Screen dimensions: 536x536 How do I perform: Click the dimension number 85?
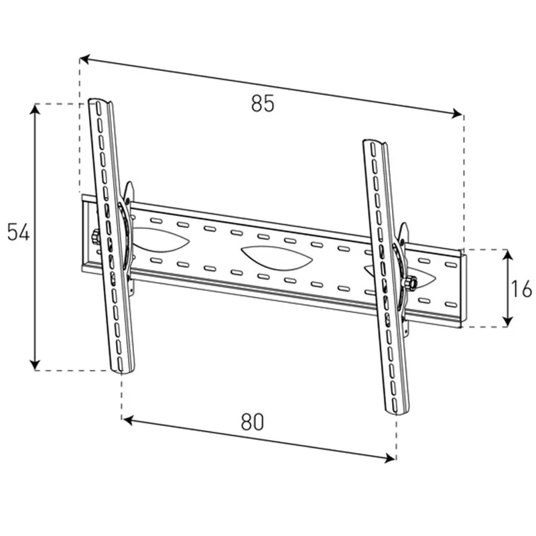pyautogui.click(x=263, y=104)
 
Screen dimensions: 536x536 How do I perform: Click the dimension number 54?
pyautogui.click(x=19, y=232)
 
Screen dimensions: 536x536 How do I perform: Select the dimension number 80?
pyautogui.click(x=253, y=422)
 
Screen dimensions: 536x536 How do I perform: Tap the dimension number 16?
pyautogui.click(x=521, y=289)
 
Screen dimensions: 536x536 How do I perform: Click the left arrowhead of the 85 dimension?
pyautogui.click(x=84, y=59)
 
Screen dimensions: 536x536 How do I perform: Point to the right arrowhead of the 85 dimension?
pyautogui.click(x=457, y=113)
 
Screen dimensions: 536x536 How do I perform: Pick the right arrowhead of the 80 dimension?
pyautogui.click(x=391, y=458)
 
